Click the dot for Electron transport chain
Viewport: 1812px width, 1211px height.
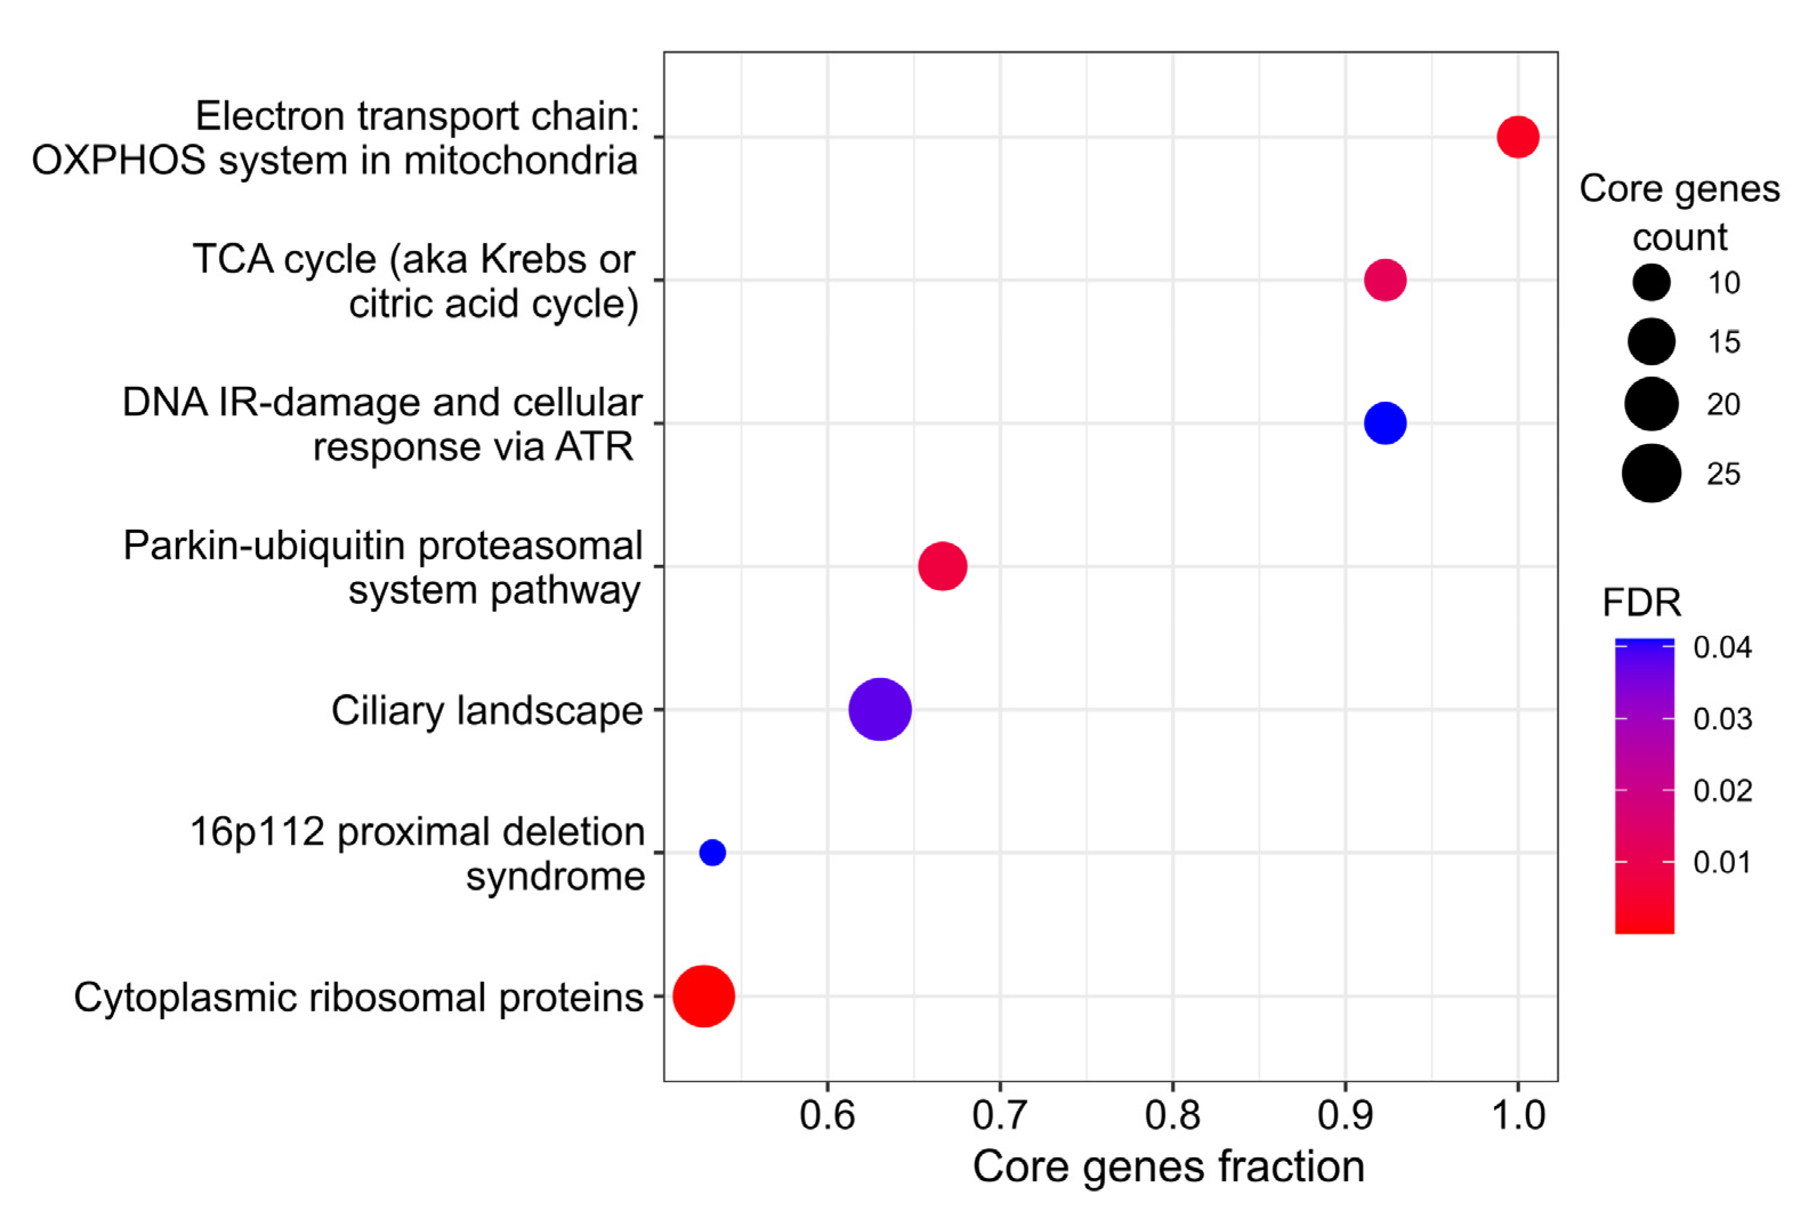pyautogui.click(x=1518, y=137)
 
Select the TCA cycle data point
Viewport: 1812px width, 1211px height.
pyautogui.click(x=1385, y=280)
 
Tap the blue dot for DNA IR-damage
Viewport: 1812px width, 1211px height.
pyautogui.click(x=1385, y=423)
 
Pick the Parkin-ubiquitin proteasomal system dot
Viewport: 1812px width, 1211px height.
pyautogui.click(x=943, y=566)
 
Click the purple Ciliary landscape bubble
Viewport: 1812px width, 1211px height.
pyautogui.click(x=880, y=709)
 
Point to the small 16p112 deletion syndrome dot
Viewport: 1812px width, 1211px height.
pyautogui.click(x=712, y=852)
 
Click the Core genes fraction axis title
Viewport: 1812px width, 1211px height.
pyautogui.click(x=1168, y=1166)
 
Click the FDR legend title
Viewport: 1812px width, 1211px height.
pyautogui.click(x=1641, y=603)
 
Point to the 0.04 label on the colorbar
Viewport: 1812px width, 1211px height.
pyautogui.click(x=1722, y=647)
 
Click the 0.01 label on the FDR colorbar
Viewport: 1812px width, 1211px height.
pyautogui.click(x=1722, y=862)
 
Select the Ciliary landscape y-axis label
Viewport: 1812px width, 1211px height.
pyautogui.click(x=486, y=710)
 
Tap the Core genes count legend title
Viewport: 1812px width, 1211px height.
pyautogui.click(x=1679, y=212)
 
